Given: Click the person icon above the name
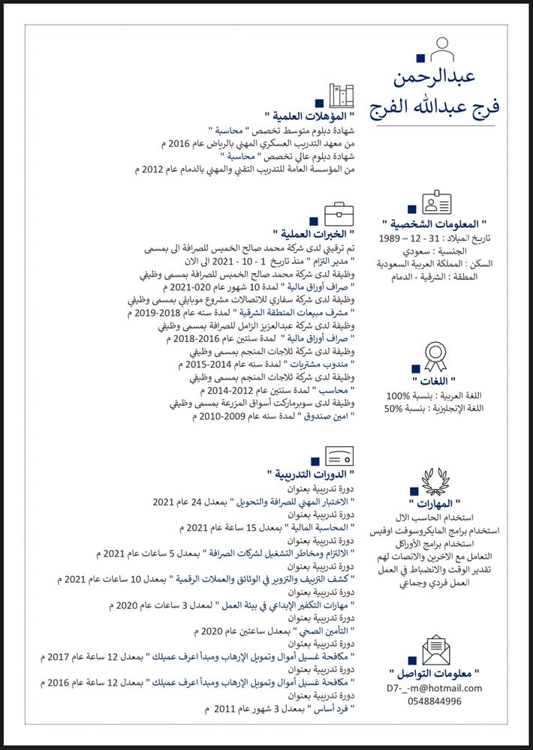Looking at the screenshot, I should click(x=443, y=49).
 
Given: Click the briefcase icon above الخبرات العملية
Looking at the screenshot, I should click(x=339, y=213).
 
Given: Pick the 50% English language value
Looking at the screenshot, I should click(x=394, y=409).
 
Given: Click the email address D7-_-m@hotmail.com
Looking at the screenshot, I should click(x=435, y=688).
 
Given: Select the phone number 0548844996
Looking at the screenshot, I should click(x=435, y=701).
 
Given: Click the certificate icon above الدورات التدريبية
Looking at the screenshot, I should click(x=339, y=454).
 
